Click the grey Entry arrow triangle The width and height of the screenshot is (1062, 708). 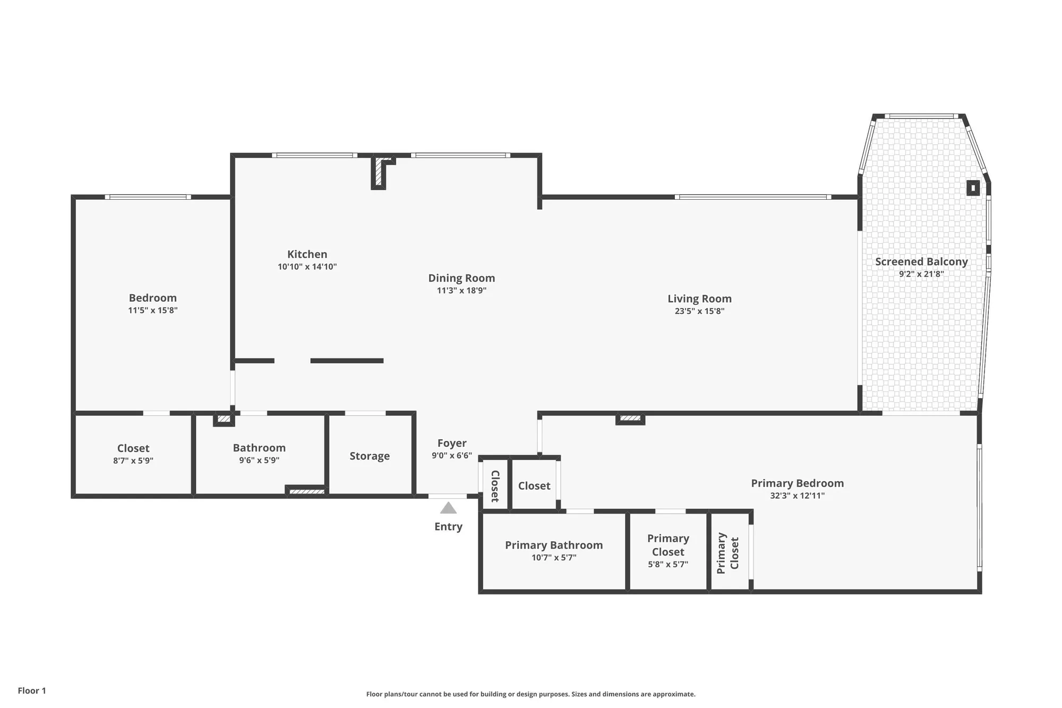point(448,508)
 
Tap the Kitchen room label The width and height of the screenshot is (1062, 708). point(307,254)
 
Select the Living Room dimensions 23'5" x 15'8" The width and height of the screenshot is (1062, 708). point(699,311)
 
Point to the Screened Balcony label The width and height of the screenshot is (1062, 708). point(921,262)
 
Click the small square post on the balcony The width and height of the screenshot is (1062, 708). point(973,188)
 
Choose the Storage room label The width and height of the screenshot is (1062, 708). point(370,456)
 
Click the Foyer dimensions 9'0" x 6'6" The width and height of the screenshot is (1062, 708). point(451,456)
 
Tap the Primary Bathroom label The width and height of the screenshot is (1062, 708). point(553,545)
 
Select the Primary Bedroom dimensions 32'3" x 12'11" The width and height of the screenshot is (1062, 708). point(797,496)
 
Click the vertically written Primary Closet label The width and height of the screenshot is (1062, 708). point(728,553)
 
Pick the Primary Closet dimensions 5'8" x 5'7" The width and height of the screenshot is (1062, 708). point(668,565)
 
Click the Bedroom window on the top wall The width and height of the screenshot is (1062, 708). point(148,197)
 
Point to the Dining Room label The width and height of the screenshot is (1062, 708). point(461,278)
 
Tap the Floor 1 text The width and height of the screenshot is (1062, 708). point(32,690)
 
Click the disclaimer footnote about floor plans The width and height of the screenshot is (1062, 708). point(530,694)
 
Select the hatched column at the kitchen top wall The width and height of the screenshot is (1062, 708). point(378,172)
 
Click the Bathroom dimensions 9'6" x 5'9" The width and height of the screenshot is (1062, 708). point(259,460)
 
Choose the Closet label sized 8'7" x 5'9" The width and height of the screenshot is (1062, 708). point(133,449)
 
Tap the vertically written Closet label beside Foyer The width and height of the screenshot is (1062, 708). point(494,486)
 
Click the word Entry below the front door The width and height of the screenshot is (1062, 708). point(448,527)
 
